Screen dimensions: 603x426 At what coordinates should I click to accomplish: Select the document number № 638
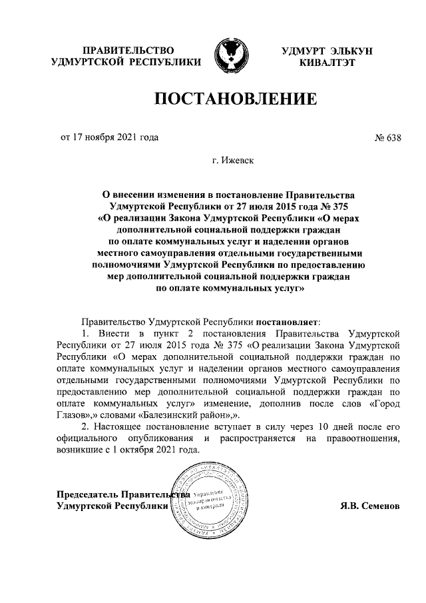pyautogui.click(x=389, y=139)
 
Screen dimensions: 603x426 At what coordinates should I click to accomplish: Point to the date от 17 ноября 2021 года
pyautogui.click(x=110, y=139)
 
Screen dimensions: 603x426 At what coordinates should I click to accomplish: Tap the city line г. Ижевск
pyautogui.click(x=233, y=161)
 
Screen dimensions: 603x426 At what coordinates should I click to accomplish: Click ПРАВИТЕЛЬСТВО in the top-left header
pyautogui.click(x=127, y=51)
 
